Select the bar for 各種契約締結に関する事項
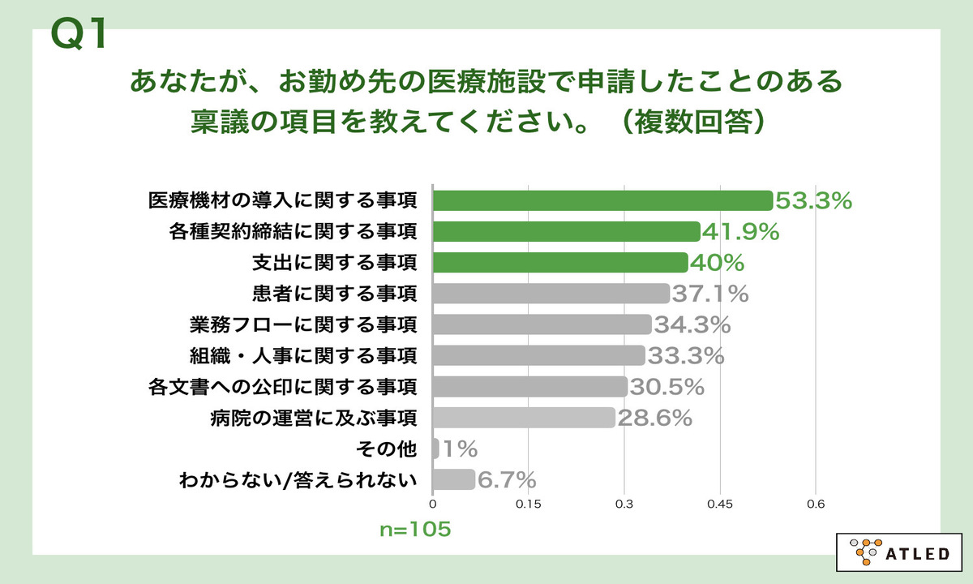coord(566,232)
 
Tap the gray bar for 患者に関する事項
coord(551,294)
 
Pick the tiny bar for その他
coord(436,449)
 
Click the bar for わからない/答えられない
coord(454,479)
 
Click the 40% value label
coord(717,263)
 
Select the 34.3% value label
coord(692,324)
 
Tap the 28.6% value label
coord(654,418)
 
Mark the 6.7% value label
coord(507,479)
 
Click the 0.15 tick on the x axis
coord(529,505)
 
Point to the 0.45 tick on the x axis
coord(720,505)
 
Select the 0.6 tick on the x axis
coord(816,505)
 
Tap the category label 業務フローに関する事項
coord(302,324)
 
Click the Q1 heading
coord(79,35)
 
